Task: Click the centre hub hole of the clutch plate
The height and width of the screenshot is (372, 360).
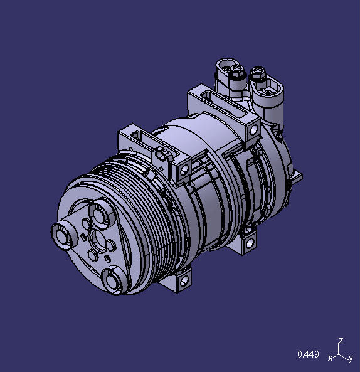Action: coord(98,239)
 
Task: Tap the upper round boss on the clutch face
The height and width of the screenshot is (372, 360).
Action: coord(100,212)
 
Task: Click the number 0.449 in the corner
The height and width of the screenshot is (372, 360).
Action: coord(307,355)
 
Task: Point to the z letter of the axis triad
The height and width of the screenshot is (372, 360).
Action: coord(340,341)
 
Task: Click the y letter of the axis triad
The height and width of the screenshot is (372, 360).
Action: coord(350,358)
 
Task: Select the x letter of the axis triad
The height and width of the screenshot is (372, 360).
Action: coord(330,358)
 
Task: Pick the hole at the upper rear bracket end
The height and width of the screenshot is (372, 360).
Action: coord(253,130)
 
